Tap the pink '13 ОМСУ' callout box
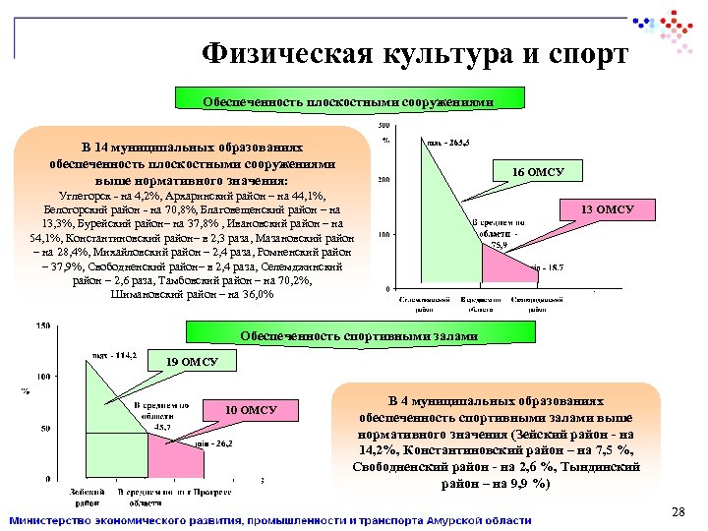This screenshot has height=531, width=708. click(x=608, y=209)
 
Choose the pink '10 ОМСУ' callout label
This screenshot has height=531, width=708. click(x=252, y=409)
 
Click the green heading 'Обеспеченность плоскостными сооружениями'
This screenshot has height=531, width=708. click(x=333, y=100)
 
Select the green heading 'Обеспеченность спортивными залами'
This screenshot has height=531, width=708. click(x=359, y=335)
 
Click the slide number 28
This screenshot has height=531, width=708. click(x=677, y=511)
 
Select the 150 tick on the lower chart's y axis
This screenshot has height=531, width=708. click(x=43, y=325)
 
